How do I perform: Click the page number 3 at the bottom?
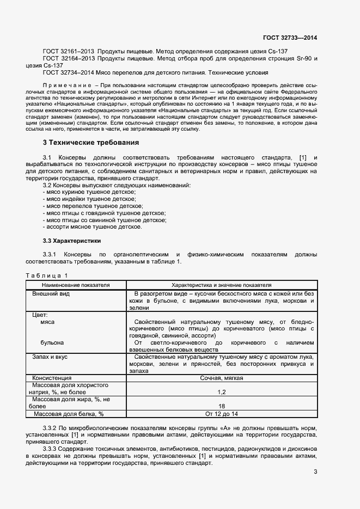(315, 471)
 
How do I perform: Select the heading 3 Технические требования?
(91, 143)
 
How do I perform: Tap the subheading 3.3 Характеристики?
(71, 241)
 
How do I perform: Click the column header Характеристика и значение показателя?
(222, 285)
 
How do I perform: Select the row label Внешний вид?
(51, 293)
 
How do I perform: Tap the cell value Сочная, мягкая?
(222, 378)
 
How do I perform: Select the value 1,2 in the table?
(222, 392)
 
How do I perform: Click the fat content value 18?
(222, 406)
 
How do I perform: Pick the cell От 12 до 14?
(222, 414)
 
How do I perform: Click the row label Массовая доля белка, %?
(69, 414)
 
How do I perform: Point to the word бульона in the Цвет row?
(52, 343)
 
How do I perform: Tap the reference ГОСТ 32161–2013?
(65, 51)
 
